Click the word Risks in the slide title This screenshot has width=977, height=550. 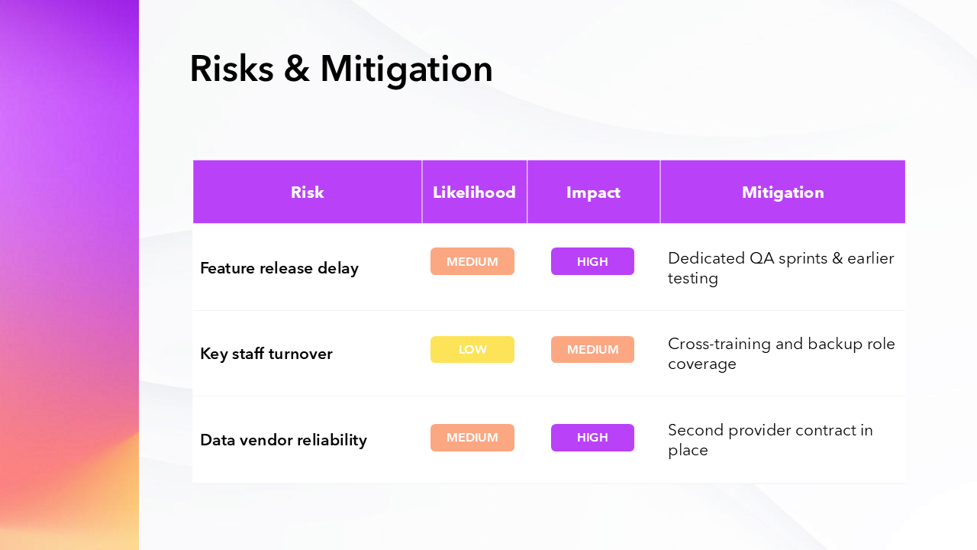click(231, 69)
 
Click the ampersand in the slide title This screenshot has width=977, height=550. click(297, 69)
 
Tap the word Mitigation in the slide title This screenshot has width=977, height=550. click(407, 70)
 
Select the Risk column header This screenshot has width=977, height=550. click(308, 192)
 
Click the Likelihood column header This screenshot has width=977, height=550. click(474, 192)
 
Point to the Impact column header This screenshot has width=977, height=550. click(593, 192)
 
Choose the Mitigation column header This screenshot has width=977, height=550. click(783, 192)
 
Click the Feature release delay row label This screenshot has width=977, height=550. click(279, 268)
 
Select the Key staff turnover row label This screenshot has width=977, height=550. click(266, 354)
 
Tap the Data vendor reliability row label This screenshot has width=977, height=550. click(283, 440)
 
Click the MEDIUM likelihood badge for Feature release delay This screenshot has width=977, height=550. click(472, 261)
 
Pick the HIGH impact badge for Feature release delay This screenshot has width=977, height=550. click(592, 261)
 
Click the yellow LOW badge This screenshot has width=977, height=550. click(472, 349)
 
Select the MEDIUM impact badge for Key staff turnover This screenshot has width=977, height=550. click(592, 349)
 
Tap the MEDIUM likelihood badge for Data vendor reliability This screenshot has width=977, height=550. click(472, 438)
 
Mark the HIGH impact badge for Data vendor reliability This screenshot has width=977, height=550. click(592, 438)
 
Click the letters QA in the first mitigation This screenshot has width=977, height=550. click(762, 258)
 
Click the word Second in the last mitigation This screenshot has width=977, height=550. click(696, 430)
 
